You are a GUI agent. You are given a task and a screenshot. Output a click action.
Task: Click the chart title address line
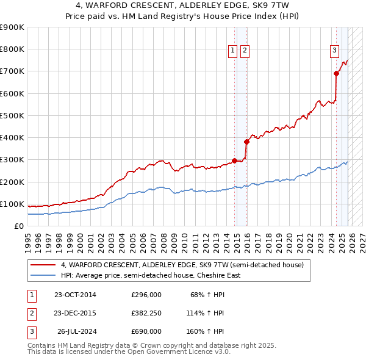183,5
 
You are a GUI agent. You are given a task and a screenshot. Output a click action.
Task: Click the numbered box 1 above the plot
233,51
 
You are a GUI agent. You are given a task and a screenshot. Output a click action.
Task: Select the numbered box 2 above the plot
244,51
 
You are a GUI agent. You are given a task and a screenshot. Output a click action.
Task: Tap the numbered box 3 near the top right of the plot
335,51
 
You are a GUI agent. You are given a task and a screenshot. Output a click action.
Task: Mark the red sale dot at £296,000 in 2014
235,160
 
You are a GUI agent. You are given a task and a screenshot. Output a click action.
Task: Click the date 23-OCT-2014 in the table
75,295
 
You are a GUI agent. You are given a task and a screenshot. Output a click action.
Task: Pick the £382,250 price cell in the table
146,313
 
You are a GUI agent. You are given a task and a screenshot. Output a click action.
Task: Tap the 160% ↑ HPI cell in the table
206,331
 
